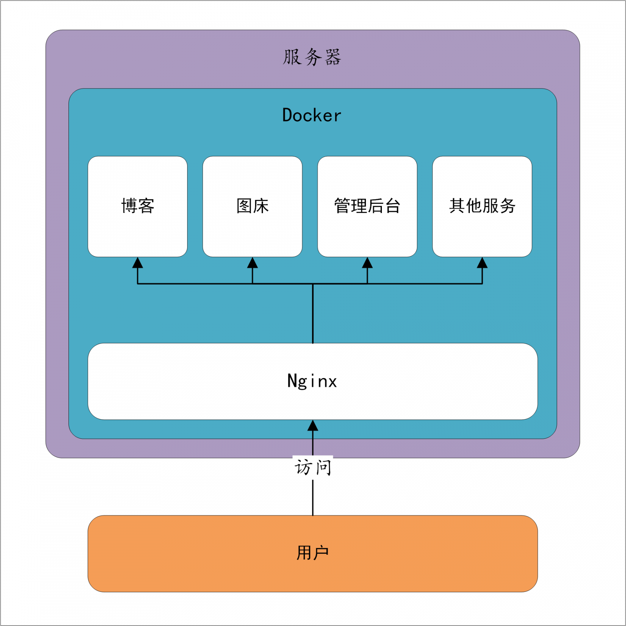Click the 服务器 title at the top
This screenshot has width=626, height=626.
[312, 57]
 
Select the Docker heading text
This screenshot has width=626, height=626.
[312, 115]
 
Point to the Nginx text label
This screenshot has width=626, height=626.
[312, 381]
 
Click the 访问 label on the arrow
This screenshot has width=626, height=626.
[313, 467]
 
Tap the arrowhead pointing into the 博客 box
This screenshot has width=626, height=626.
[138, 263]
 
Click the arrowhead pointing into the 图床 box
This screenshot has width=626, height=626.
[252, 263]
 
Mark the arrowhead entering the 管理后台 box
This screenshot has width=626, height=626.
[367, 263]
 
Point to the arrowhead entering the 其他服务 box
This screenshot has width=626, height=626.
[482, 263]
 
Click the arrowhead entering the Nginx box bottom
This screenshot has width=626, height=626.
[313, 426]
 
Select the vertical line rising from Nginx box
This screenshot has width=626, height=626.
[313, 313]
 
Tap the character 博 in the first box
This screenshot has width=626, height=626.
[129, 206]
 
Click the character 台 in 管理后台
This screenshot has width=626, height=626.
[393, 206]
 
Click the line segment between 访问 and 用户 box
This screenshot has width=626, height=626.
[313, 497]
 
